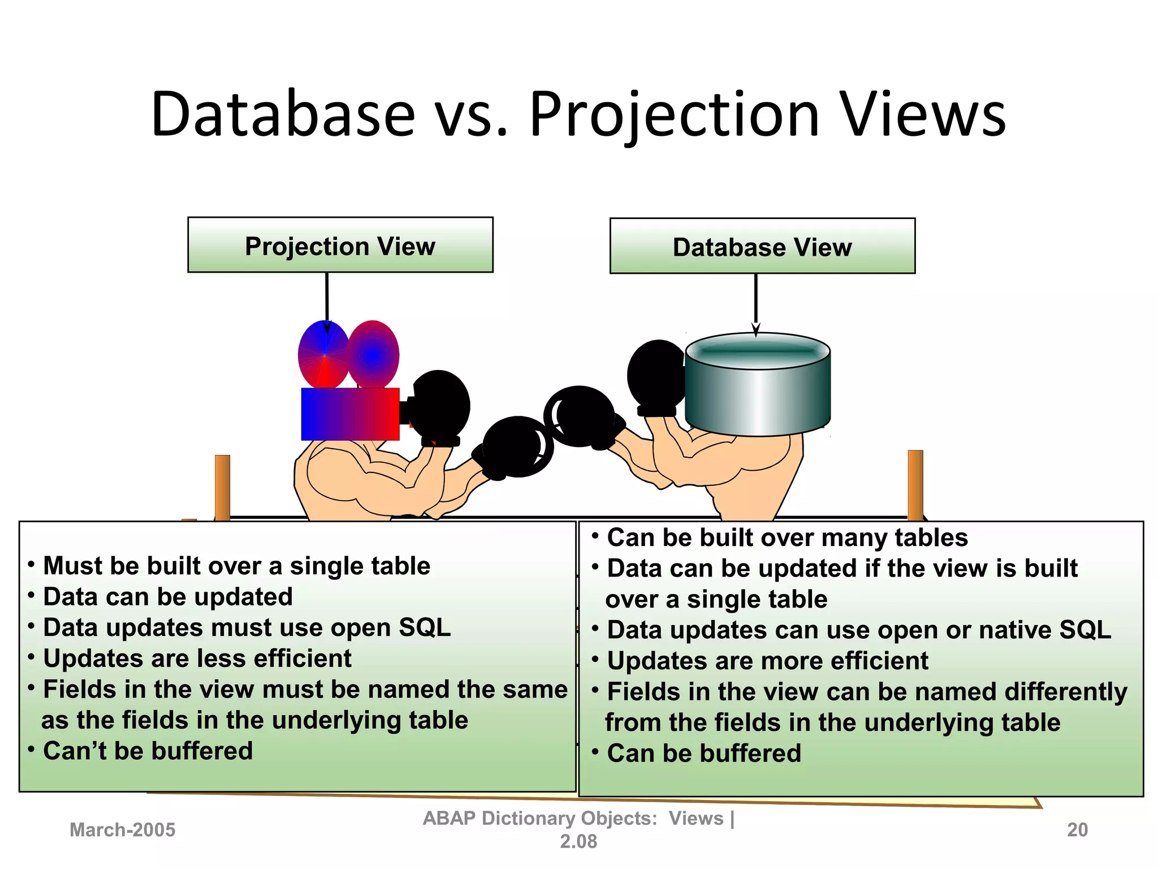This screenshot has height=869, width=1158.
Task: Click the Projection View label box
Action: click(340, 245)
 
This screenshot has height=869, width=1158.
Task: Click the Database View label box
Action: click(762, 246)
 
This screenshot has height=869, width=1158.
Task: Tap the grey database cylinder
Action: click(758, 390)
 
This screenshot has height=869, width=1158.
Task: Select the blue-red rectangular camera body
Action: click(350, 414)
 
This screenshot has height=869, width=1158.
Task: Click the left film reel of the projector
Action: click(323, 355)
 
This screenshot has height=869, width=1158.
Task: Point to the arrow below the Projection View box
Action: click(327, 303)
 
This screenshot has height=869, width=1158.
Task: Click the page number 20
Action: click(1077, 829)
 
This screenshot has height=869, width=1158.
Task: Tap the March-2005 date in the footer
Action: click(122, 829)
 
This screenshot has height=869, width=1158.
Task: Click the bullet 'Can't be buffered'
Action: click(148, 751)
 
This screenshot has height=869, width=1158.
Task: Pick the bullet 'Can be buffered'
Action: click(704, 753)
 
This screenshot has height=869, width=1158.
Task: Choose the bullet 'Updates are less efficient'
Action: click(197, 658)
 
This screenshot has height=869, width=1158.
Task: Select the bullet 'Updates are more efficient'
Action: click(767, 661)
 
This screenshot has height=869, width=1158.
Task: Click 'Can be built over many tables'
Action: click(787, 537)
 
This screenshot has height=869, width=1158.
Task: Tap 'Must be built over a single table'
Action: click(236, 566)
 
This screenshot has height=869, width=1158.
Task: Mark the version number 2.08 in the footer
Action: click(578, 842)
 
